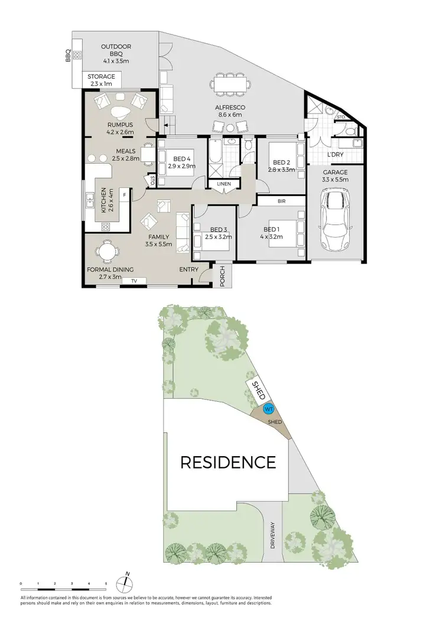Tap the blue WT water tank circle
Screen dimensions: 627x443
[268, 408]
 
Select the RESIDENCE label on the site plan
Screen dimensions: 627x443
[228, 462]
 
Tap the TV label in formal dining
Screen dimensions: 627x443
[134, 281]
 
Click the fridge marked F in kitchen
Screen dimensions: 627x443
[124, 193]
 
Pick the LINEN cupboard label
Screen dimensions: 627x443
[224, 184]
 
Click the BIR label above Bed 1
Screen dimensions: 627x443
[281, 202]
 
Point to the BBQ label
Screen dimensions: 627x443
[69, 56]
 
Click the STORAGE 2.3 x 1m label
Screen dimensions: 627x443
[102, 80]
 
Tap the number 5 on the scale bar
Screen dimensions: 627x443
[106, 583]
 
